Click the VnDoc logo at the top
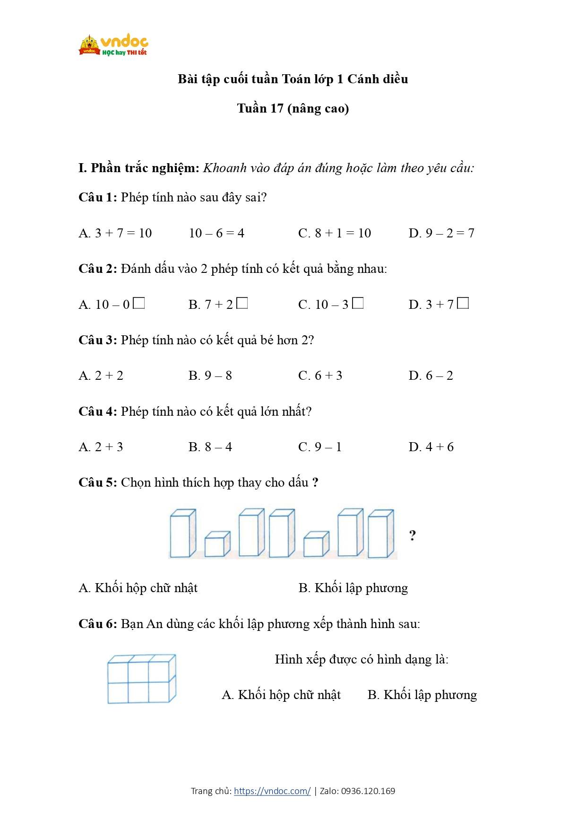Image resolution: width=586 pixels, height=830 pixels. (x=113, y=45)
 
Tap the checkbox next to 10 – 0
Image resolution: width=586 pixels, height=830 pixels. (x=139, y=303)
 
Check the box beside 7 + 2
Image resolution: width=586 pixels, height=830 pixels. (x=242, y=303)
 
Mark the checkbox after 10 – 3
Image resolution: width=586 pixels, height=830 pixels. (x=358, y=303)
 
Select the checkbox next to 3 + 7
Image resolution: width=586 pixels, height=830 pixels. (x=463, y=303)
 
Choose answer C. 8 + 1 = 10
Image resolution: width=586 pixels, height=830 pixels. (x=335, y=233)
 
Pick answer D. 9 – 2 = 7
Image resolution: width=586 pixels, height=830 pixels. (x=441, y=233)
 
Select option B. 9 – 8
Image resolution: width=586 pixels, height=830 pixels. (x=210, y=376)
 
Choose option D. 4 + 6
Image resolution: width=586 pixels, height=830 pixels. (x=431, y=447)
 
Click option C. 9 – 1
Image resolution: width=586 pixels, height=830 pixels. (x=320, y=447)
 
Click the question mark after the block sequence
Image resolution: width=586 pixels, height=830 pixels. (x=413, y=535)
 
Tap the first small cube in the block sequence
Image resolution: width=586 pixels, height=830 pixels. (x=217, y=544)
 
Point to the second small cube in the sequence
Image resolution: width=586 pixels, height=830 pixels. (x=316, y=544)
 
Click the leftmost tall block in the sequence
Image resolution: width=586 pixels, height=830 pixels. (x=182, y=533)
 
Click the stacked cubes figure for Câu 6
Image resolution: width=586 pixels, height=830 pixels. (x=141, y=679)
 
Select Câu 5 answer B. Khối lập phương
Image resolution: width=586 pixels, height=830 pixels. (x=353, y=588)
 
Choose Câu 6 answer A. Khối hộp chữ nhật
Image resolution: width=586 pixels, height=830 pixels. (x=281, y=695)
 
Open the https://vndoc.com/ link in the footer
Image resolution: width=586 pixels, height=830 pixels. (x=272, y=791)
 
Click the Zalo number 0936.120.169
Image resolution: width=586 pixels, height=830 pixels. (x=368, y=791)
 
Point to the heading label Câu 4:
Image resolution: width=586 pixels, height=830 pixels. (x=97, y=411)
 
